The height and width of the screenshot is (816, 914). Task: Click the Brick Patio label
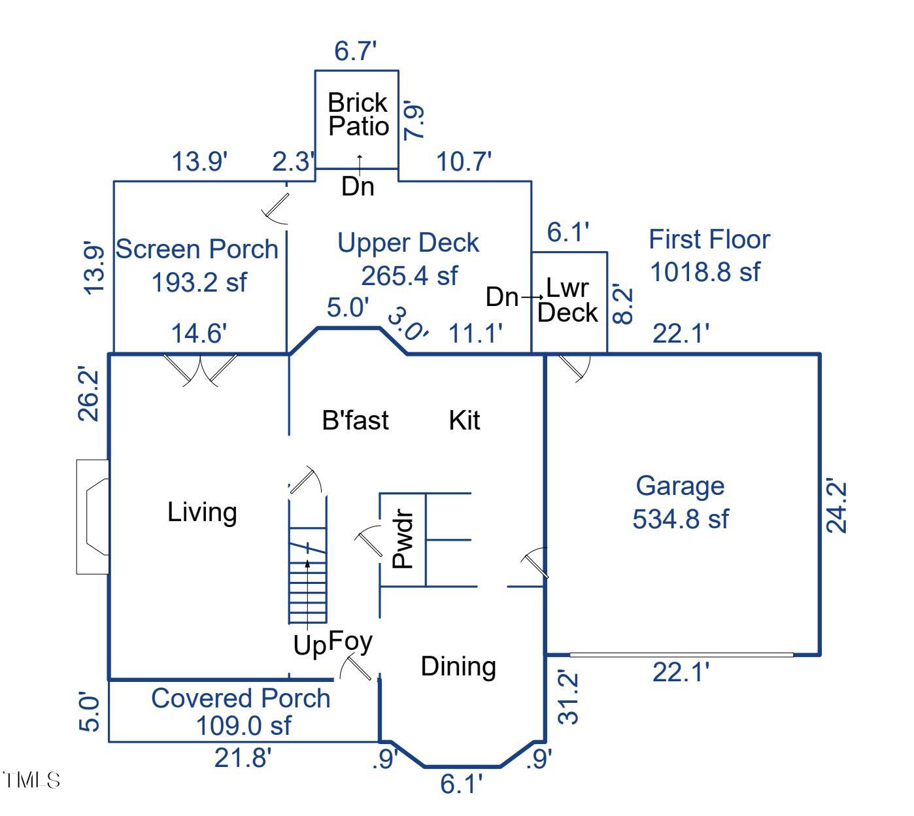click(x=358, y=114)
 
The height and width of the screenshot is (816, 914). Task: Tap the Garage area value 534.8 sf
click(x=680, y=518)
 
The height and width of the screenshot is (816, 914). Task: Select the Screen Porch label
click(x=197, y=249)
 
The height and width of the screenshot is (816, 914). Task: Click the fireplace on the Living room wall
click(x=93, y=517)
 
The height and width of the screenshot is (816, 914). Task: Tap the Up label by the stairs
click(x=309, y=645)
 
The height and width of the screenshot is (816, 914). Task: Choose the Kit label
click(x=464, y=420)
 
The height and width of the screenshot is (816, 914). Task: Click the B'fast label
click(x=355, y=420)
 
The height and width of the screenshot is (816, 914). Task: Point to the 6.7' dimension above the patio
click(x=356, y=51)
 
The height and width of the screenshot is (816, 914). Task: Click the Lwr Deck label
click(x=567, y=300)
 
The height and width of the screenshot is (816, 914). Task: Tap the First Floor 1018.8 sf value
click(x=705, y=271)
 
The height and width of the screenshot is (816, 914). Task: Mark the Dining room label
click(x=458, y=666)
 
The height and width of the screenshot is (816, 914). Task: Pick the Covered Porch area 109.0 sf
click(x=243, y=725)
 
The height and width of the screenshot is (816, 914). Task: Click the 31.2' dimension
click(x=569, y=697)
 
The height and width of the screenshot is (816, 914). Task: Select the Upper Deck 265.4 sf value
click(x=409, y=275)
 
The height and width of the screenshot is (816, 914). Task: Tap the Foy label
click(x=350, y=641)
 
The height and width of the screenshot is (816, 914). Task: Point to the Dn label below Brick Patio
click(x=358, y=187)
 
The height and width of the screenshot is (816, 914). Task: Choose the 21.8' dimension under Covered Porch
click(x=243, y=758)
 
